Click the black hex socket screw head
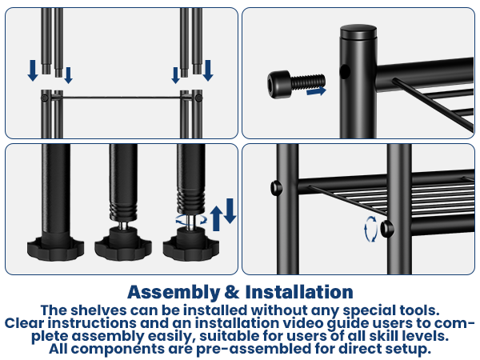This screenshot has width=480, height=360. point(278,85)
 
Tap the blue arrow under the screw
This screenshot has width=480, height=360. point(317,91)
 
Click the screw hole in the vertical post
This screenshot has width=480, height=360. point(345,71)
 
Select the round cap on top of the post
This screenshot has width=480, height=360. point(358,32)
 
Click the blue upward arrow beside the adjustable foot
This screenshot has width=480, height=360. point(217,218)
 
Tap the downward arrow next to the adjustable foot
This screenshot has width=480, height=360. point(230,211)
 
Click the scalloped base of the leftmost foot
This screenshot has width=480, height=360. point(55,249)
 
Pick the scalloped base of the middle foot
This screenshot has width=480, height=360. point(123,249)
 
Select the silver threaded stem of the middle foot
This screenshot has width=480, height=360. point(123,226)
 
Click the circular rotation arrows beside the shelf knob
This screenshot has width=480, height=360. point(370,229)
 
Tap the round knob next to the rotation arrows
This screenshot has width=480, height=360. point(387,229)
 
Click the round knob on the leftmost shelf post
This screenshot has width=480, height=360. point(277,188)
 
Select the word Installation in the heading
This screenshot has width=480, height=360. point(299,292)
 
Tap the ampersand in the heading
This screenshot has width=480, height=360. point(232,292)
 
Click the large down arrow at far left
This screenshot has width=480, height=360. point(33,70)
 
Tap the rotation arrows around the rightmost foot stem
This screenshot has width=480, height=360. point(191,219)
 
